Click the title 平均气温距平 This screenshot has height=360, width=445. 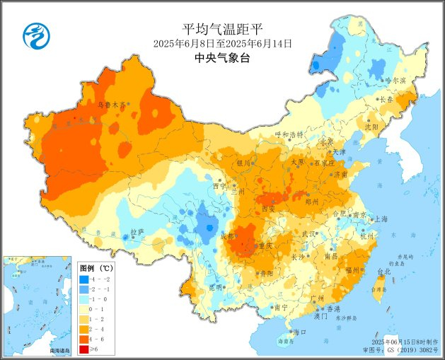pyautogui.click(x=222, y=29)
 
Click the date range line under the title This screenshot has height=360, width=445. pyautogui.click(x=222, y=44)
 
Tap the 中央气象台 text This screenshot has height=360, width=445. pyautogui.click(x=222, y=59)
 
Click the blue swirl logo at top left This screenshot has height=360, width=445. pyautogui.click(x=33, y=35)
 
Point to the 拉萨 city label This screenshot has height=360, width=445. pyautogui.click(x=137, y=231)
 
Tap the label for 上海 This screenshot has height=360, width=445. pyautogui.click(x=381, y=219)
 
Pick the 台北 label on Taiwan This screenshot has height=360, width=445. pyautogui.click(x=384, y=272)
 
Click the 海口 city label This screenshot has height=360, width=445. pyautogui.click(x=299, y=332)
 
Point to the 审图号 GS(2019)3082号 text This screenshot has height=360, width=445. pyautogui.click(x=401, y=349)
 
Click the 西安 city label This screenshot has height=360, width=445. pyautogui.click(x=268, y=209)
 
